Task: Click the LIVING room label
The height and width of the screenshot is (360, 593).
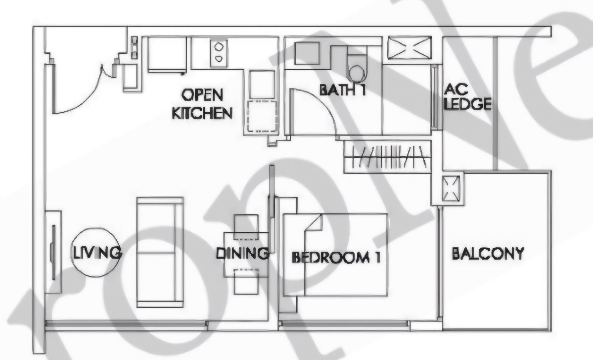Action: point(97,253)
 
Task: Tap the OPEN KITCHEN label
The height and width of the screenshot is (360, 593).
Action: point(202,104)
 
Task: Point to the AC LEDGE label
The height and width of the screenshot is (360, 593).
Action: point(467,97)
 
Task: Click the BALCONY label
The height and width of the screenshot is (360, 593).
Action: point(488,254)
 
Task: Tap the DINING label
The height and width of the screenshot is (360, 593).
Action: point(242,254)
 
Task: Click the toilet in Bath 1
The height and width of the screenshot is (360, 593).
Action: point(357,68)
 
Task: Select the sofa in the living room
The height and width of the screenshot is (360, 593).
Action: point(159,252)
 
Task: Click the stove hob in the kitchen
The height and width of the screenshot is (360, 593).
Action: point(218,52)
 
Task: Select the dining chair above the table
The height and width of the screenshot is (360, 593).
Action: point(245,223)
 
